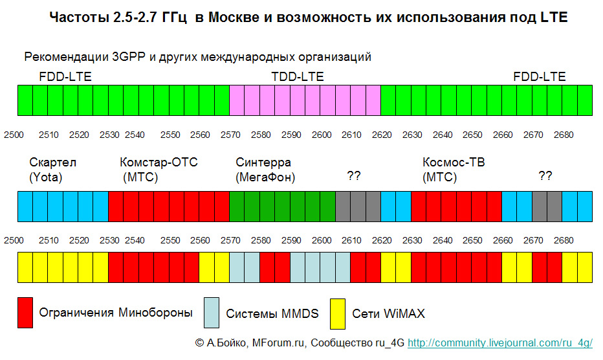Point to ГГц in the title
173,18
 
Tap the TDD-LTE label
298,77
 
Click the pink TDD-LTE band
305,100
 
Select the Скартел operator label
52,163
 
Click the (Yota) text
46,177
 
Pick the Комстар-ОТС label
159,163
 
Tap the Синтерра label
263,163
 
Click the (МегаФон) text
266,177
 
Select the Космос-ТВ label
454,163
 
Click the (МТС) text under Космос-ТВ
439,177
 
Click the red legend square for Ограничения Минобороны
25,313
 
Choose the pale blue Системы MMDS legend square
212,313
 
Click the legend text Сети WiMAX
388,314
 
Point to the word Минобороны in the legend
155,313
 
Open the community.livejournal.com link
500,343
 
